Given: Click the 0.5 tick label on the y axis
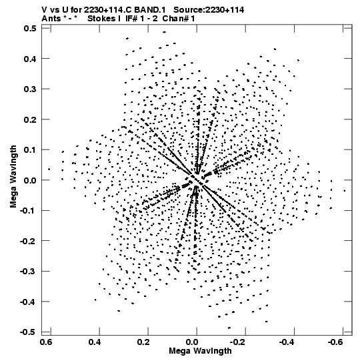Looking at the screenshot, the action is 30,28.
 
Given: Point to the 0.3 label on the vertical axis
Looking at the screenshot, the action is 30,89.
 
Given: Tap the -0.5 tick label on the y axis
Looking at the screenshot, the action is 28,332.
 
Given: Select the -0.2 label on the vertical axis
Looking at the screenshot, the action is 28,241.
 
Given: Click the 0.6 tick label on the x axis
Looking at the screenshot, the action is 46,342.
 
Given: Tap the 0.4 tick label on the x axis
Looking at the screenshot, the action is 95,342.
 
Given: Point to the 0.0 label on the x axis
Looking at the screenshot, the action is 192,342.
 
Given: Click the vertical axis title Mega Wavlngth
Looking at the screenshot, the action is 13,177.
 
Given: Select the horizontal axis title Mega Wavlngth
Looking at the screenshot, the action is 200,351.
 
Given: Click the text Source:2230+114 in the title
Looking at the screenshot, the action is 209,10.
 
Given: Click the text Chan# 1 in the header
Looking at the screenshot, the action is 179,19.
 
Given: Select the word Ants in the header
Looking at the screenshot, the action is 51,19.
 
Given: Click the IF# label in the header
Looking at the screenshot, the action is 131,19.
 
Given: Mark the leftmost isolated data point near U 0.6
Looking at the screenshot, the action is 49,169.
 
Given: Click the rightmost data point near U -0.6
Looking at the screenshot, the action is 345,191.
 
